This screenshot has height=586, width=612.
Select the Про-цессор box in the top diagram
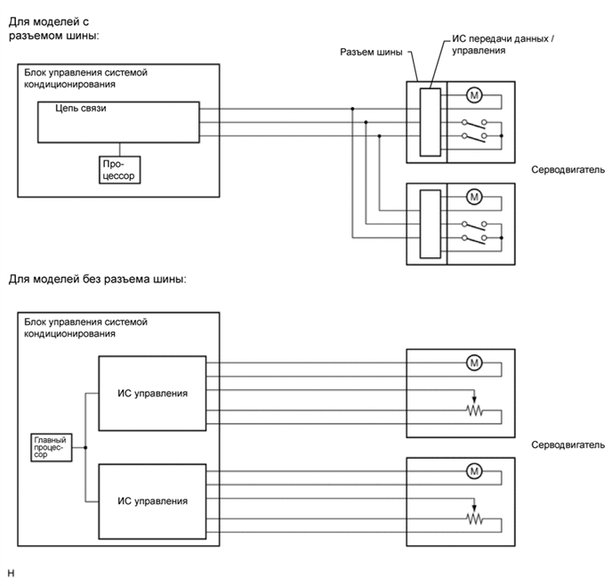pos(121,168)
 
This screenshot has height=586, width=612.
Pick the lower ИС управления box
pos(152,501)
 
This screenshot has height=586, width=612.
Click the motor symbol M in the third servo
pos(473,362)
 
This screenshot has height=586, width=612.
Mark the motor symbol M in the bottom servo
pos(473,470)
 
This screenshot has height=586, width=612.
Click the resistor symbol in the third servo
pos(474,411)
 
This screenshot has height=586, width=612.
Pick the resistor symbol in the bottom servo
pos(474,519)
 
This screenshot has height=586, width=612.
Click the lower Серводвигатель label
pos(568,444)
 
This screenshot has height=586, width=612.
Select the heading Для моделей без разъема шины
pos(97,280)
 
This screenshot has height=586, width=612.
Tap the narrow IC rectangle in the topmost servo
pos(430,123)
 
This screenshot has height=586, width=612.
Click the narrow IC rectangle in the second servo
pos(430,224)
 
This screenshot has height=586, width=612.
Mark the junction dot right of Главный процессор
pos(85,448)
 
